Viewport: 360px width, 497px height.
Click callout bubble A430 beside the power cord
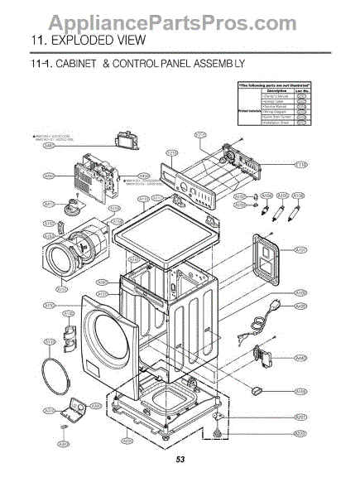click(301, 306)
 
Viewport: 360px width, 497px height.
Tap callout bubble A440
click(301, 358)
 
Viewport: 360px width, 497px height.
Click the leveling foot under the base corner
click(217, 433)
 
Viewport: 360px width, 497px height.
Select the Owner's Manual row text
click(275, 97)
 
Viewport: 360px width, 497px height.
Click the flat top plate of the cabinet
click(170, 241)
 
